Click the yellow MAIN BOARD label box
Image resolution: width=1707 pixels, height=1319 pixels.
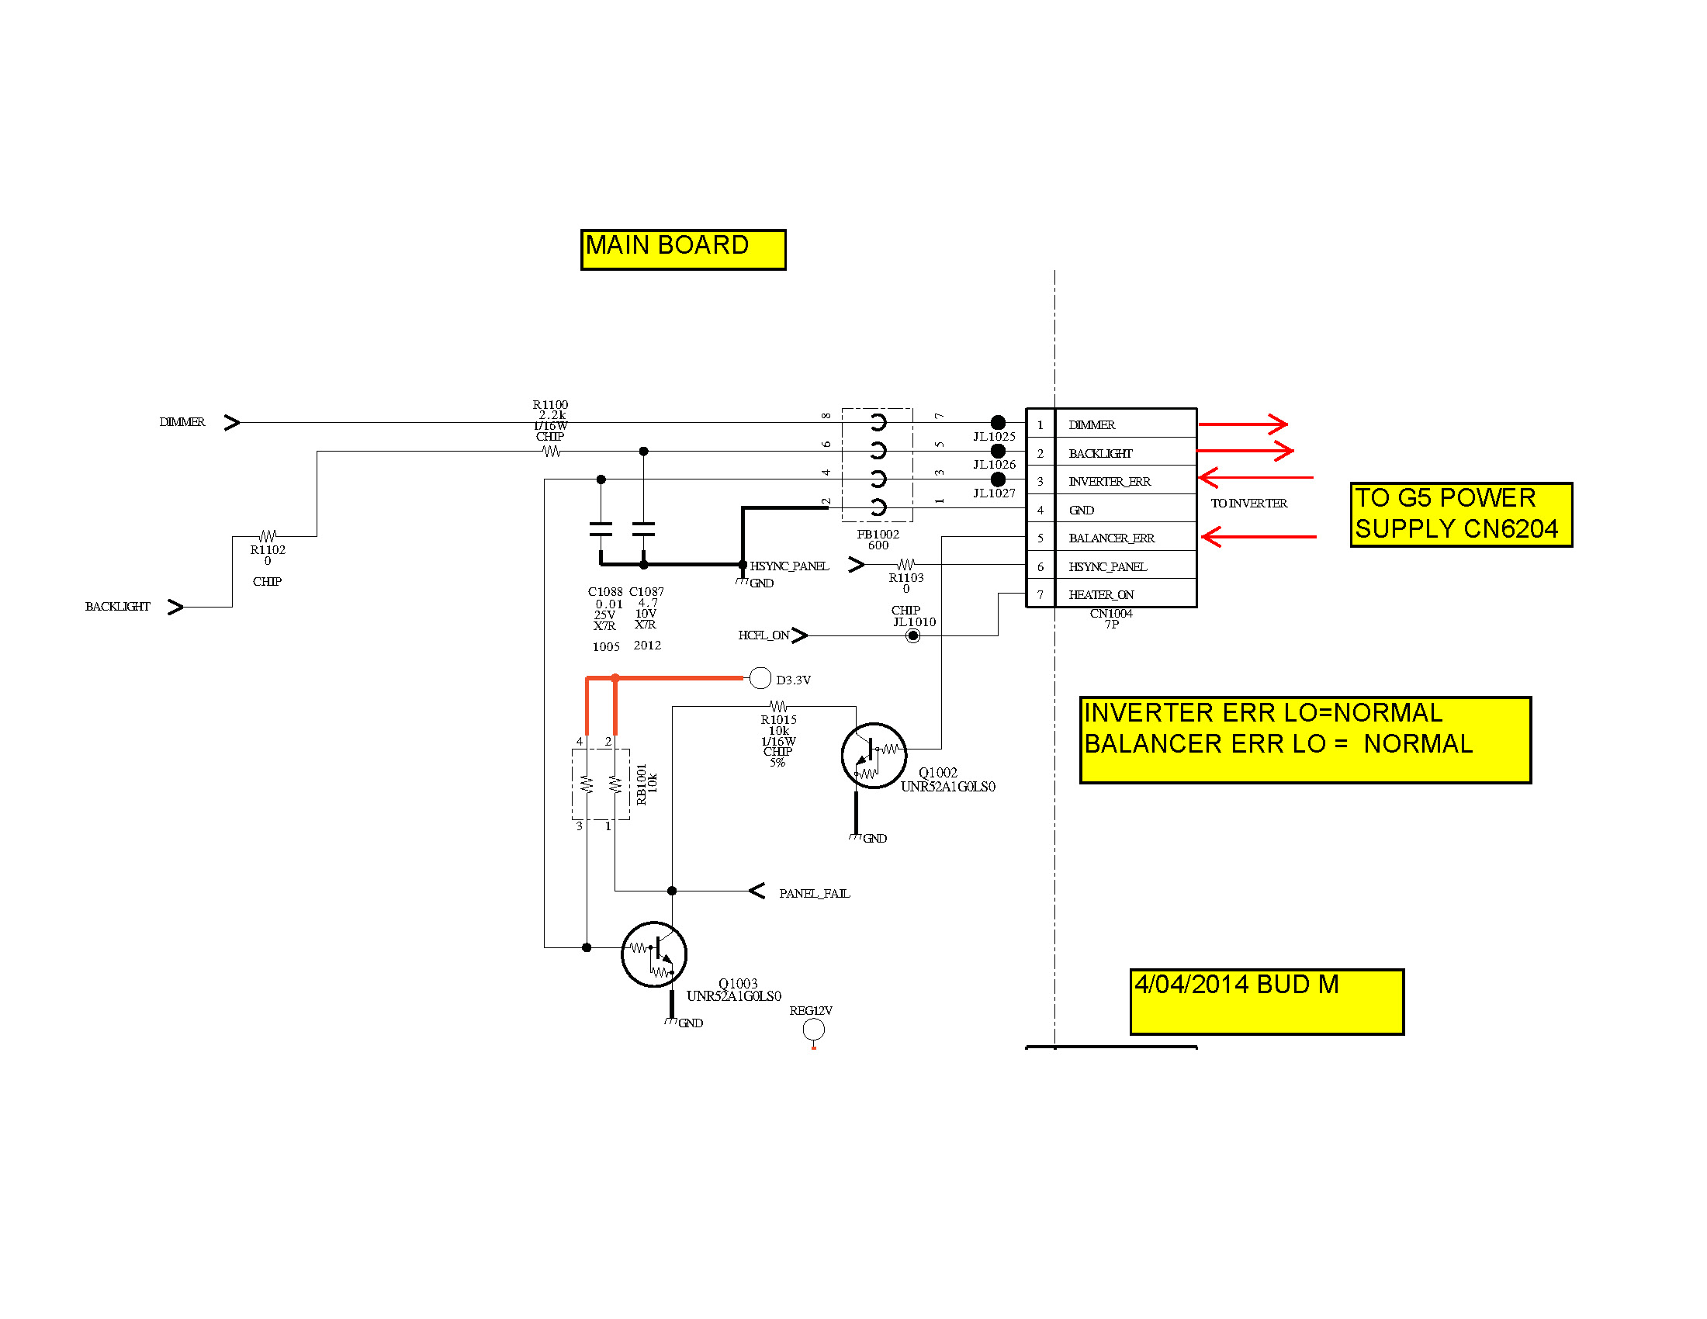[683, 249]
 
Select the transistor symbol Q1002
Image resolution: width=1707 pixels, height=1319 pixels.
[874, 755]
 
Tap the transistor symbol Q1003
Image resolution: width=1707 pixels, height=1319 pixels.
[653, 954]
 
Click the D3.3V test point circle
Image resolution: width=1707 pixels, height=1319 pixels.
[760, 678]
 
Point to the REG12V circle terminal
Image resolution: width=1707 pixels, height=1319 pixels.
[814, 1029]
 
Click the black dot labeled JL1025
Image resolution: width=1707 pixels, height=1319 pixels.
[998, 423]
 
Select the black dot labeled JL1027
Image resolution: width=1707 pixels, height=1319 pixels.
[998, 479]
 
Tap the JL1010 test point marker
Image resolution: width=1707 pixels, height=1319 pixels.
[913, 635]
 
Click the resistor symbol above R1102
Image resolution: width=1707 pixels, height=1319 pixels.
[268, 536]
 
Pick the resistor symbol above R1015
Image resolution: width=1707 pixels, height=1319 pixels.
[778, 706]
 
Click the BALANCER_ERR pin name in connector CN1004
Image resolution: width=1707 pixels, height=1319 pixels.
[1111, 538]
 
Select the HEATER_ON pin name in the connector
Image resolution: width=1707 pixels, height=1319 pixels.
[1101, 594]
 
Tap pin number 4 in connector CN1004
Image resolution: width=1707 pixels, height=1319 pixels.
[1040, 511]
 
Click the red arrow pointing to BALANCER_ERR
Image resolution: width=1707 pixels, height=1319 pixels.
[1259, 537]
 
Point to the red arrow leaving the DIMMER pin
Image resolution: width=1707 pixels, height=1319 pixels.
[1243, 424]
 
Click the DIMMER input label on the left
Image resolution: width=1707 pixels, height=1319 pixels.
[182, 422]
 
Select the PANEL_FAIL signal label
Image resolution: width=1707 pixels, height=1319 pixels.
[815, 893]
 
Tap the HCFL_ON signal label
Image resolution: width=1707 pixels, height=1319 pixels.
[763, 635]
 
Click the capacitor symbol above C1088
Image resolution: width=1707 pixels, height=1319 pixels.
[601, 529]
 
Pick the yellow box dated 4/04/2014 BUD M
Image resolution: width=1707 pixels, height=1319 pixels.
[1267, 1002]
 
